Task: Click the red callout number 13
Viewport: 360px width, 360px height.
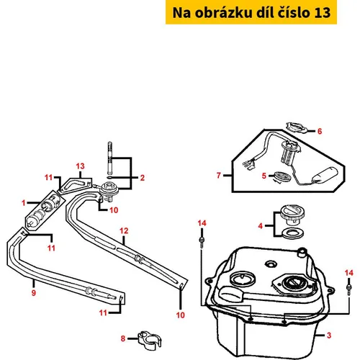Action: click(80, 166)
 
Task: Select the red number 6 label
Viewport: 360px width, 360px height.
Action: click(320, 131)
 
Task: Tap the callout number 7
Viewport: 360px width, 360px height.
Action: click(218, 176)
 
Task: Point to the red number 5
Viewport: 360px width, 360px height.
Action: click(264, 176)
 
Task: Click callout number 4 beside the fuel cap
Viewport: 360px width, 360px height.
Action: click(261, 226)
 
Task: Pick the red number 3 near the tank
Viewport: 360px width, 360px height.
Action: click(329, 336)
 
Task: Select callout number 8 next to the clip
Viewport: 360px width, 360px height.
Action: click(123, 338)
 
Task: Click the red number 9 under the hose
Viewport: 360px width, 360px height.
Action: click(34, 293)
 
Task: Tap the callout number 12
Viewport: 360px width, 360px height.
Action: click(124, 231)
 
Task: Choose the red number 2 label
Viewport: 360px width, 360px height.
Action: click(143, 178)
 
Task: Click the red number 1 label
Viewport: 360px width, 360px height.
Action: click(24, 203)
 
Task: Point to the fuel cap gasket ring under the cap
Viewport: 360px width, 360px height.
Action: click(292, 233)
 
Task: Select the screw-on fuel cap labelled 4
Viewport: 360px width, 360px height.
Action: click(293, 214)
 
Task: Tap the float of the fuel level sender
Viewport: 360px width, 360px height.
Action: click(325, 174)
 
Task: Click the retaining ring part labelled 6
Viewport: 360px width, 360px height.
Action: click(297, 127)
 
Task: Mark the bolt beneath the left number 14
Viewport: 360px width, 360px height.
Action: click(202, 241)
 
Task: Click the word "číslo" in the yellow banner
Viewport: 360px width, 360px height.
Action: click(294, 12)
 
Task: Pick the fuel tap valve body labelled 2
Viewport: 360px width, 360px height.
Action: click(109, 191)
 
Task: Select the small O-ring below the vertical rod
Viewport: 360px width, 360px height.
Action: click(109, 178)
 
